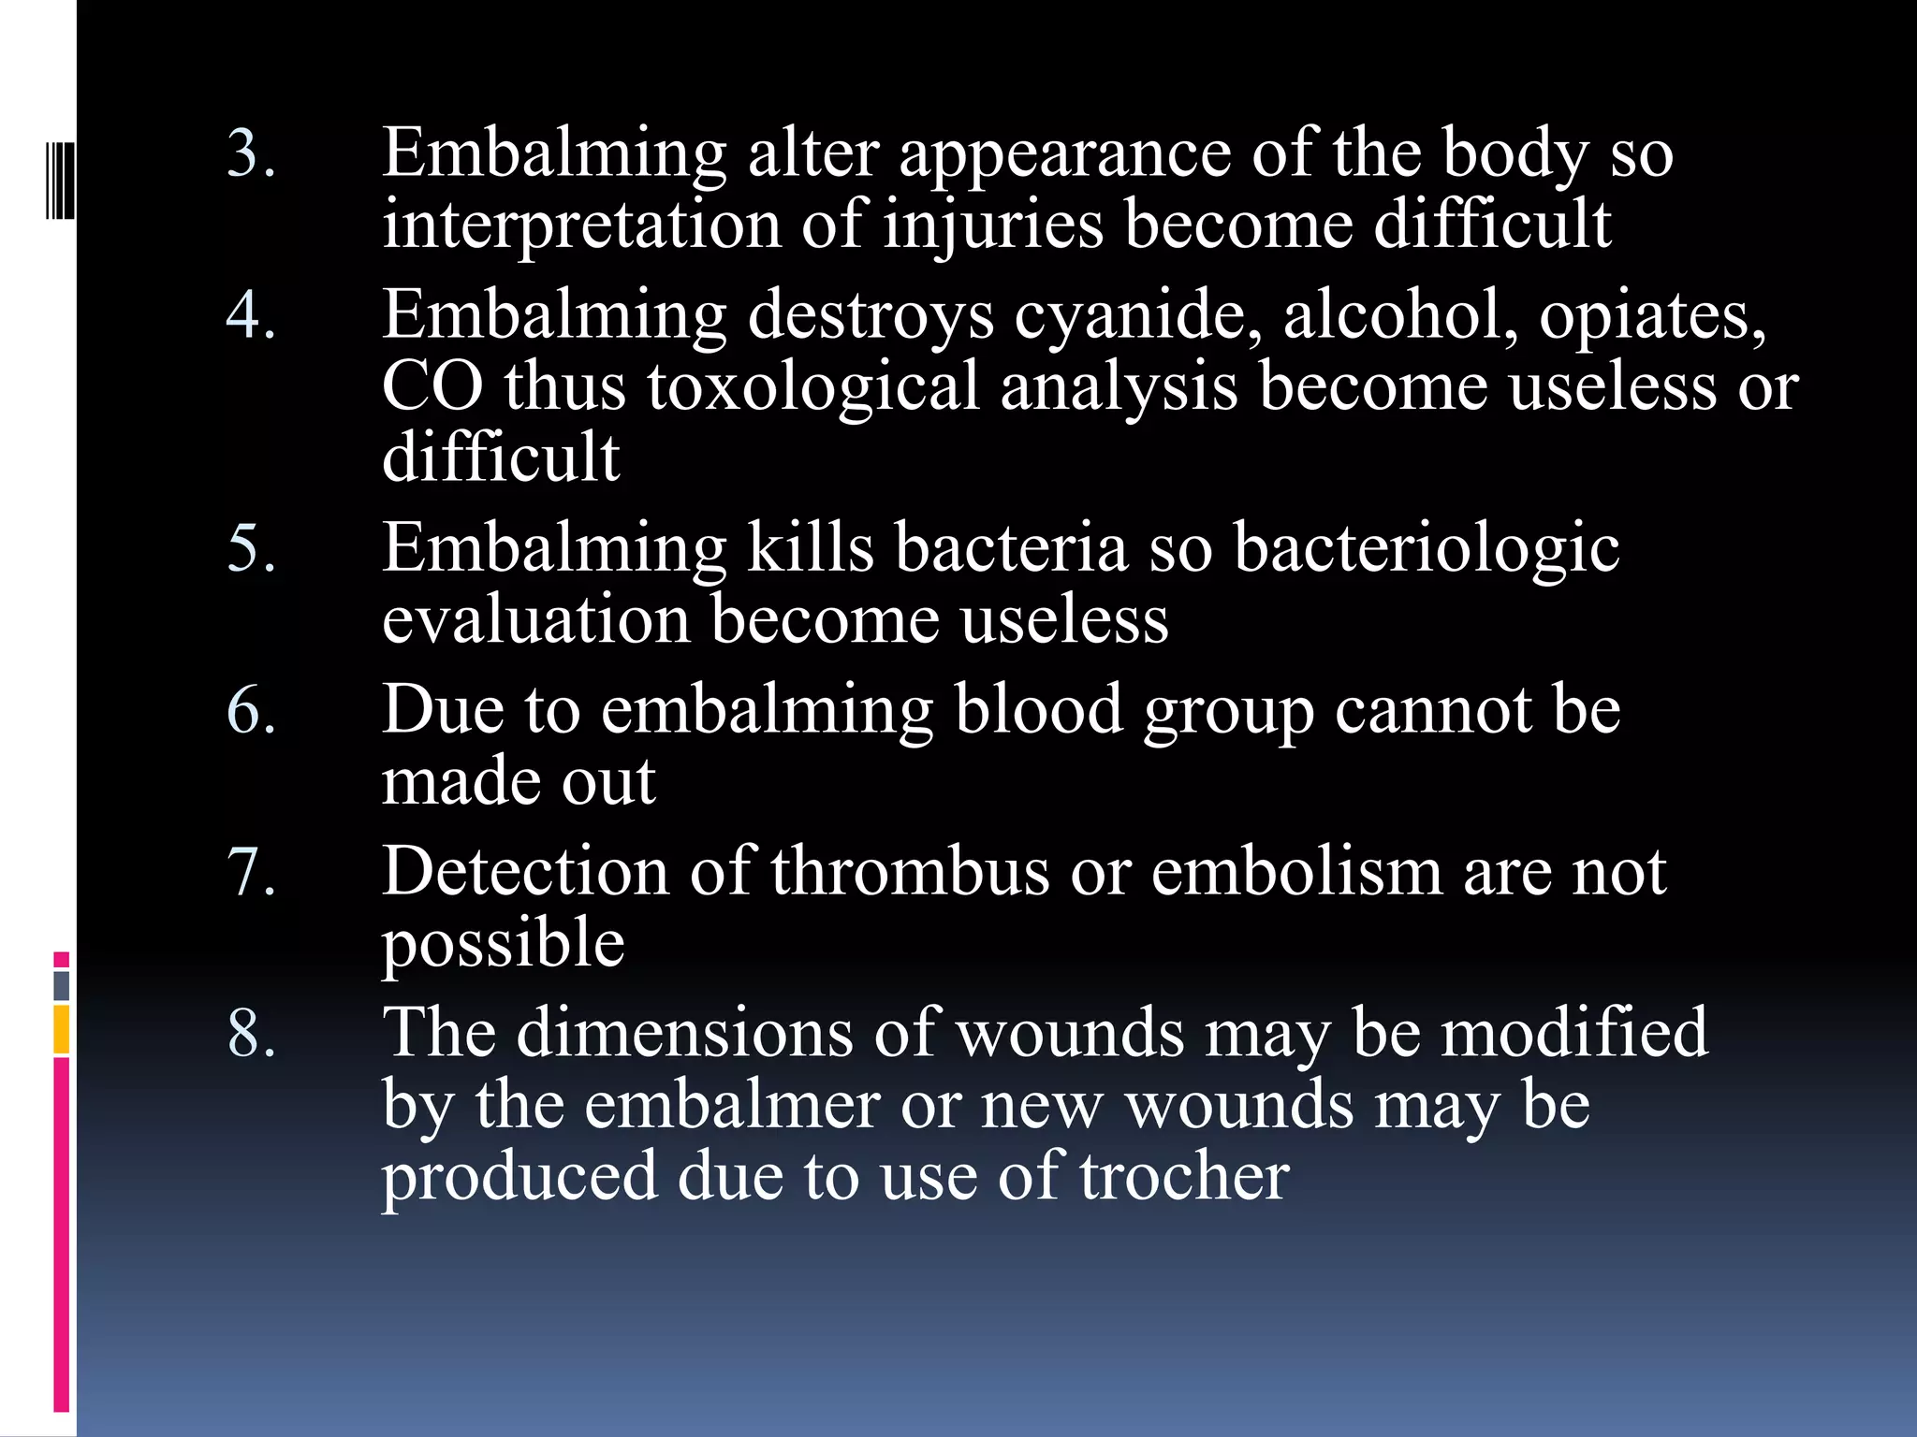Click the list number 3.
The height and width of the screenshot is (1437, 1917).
tap(250, 153)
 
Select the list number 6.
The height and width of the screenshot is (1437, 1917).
tap(250, 710)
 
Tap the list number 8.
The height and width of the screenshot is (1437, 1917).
tap(250, 1034)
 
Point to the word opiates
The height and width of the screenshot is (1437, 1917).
tap(1652, 316)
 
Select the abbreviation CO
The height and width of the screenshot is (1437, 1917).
tap(432, 386)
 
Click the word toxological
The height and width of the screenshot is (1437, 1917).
tap(812, 386)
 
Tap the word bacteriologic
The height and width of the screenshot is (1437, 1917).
tap(1427, 547)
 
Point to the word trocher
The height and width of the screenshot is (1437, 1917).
tap(1184, 1176)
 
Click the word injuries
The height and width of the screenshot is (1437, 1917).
tap(993, 225)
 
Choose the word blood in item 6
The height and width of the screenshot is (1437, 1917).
tap(1038, 710)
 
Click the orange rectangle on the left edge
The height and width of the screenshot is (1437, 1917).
tap(62, 1029)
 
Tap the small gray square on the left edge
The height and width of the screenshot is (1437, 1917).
tap(62, 986)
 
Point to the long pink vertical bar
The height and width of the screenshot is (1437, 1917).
tap(62, 1235)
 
